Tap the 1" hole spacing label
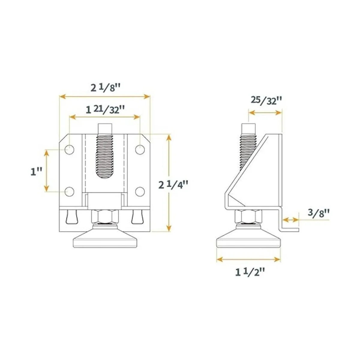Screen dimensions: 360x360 (x=37, y=172)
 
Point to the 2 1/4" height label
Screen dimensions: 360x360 (x=173, y=185)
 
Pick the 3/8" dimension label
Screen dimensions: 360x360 (x=319, y=213)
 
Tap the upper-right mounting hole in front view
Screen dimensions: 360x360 (x=140, y=149)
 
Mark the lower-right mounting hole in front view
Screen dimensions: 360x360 (x=140, y=191)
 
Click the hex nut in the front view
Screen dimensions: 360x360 (x=105, y=216)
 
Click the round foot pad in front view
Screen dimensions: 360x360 (x=105, y=238)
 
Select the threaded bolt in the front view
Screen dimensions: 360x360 (x=105, y=153)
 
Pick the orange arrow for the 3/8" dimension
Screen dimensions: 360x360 (x=291, y=220)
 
